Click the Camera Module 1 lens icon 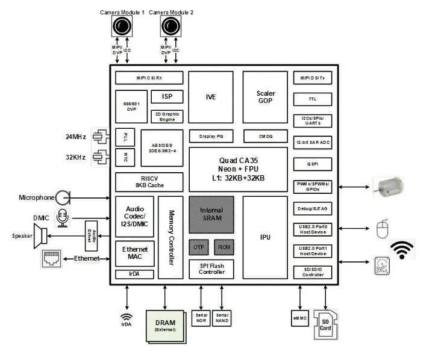point(121,26)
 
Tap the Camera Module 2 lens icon point(170,26)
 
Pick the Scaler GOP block point(265,98)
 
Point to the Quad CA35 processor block point(238,170)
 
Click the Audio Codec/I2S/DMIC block point(135,216)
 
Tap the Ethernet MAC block point(135,253)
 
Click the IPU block point(264,237)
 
